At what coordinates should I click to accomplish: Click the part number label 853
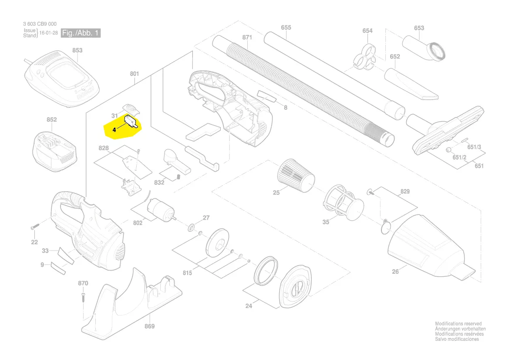click(x=77, y=51)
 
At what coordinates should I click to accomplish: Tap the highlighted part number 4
click(x=114, y=129)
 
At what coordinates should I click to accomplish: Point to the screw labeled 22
click(x=35, y=228)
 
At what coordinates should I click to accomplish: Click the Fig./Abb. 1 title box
click(x=81, y=34)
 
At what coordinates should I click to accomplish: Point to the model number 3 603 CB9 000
click(x=40, y=24)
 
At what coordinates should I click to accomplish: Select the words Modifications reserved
click(x=458, y=324)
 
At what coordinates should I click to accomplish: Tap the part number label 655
click(x=286, y=27)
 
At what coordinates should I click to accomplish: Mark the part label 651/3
click(x=474, y=147)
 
